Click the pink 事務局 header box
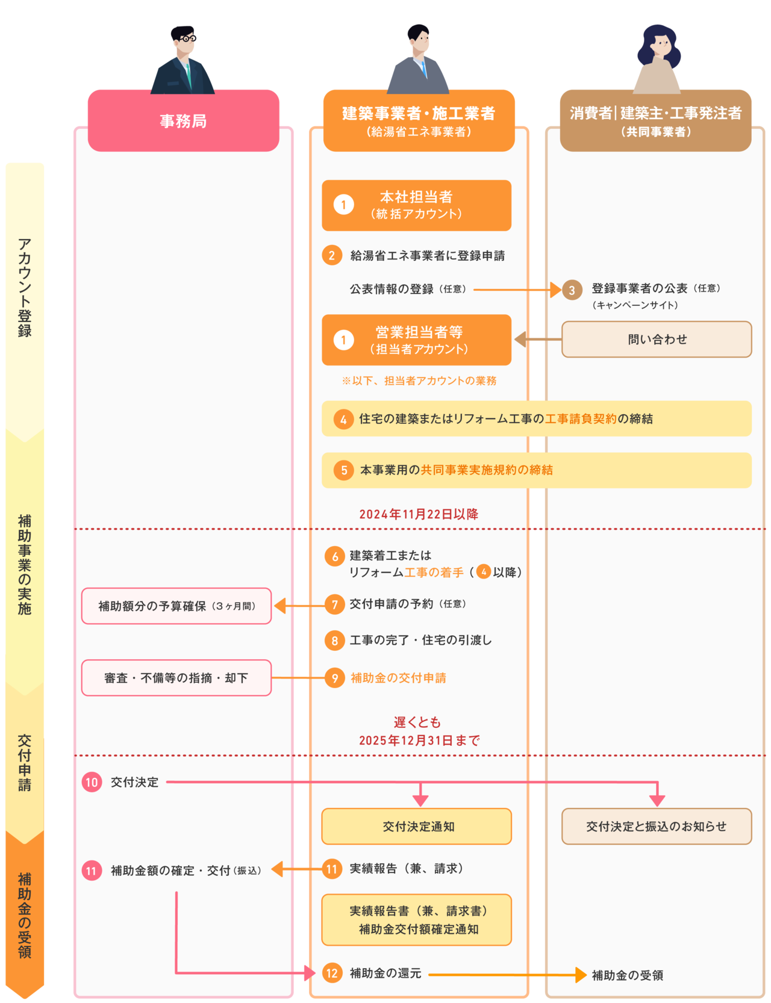(x=183, y=120)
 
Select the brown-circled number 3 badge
(x=572, y=290)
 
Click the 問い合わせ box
(x=657, y=340)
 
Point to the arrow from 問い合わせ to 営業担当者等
(x=538, y=340)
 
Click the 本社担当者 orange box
(x=416, y=205)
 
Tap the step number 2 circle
(x=332, y=255)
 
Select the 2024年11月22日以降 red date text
(x=419, y=514)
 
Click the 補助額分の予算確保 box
(x=176, y=606)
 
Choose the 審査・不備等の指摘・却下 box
(x=176, y=678)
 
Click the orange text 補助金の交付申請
(x=398, y=678)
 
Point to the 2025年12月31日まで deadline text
(x=419, y=741)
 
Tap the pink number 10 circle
(x=92, y=782)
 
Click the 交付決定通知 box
(x=416, y=827)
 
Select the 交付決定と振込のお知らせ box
(x=657, y=827)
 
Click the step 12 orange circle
(x=332, y=973)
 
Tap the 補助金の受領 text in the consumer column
(x=627, y=975)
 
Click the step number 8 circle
(x=334, y=641)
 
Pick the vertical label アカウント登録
(x=25, y=287)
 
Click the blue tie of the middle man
(x=423, y=69)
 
